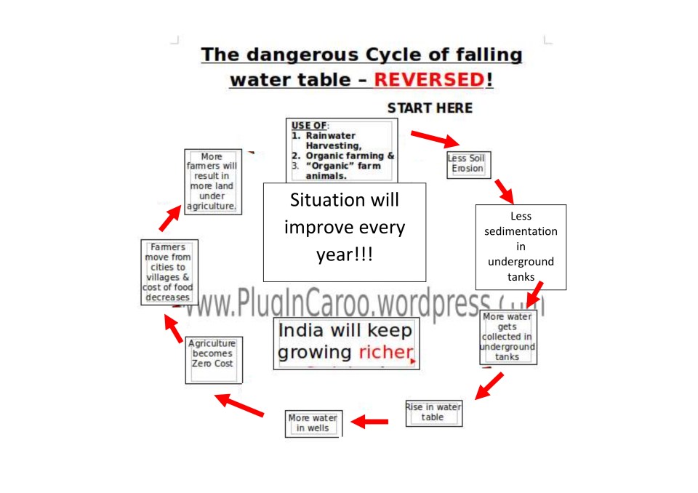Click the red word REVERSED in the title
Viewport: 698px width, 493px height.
pos(428,79)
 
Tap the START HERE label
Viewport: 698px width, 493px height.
pos(430,108)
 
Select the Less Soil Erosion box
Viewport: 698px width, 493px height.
pos(468,164)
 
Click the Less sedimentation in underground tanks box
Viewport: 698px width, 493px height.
pos(521,247)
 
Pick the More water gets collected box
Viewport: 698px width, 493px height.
pos(508,337)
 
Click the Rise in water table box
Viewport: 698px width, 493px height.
pos(433,412)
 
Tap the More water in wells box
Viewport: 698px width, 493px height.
pos(313,423)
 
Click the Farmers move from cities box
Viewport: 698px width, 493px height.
pos(168,272)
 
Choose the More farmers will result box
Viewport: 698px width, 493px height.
pos(212,182)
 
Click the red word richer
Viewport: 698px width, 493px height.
pos(386,353)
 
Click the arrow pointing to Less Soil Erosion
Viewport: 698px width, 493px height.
pos(434,138)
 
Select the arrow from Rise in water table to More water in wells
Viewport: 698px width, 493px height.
pos(371,421)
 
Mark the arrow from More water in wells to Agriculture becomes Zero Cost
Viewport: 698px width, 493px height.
pos(240,405)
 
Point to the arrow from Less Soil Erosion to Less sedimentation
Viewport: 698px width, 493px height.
pos(502,191)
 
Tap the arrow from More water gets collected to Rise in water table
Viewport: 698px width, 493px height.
pos(489,386)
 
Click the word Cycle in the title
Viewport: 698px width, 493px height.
pos(393,55)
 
